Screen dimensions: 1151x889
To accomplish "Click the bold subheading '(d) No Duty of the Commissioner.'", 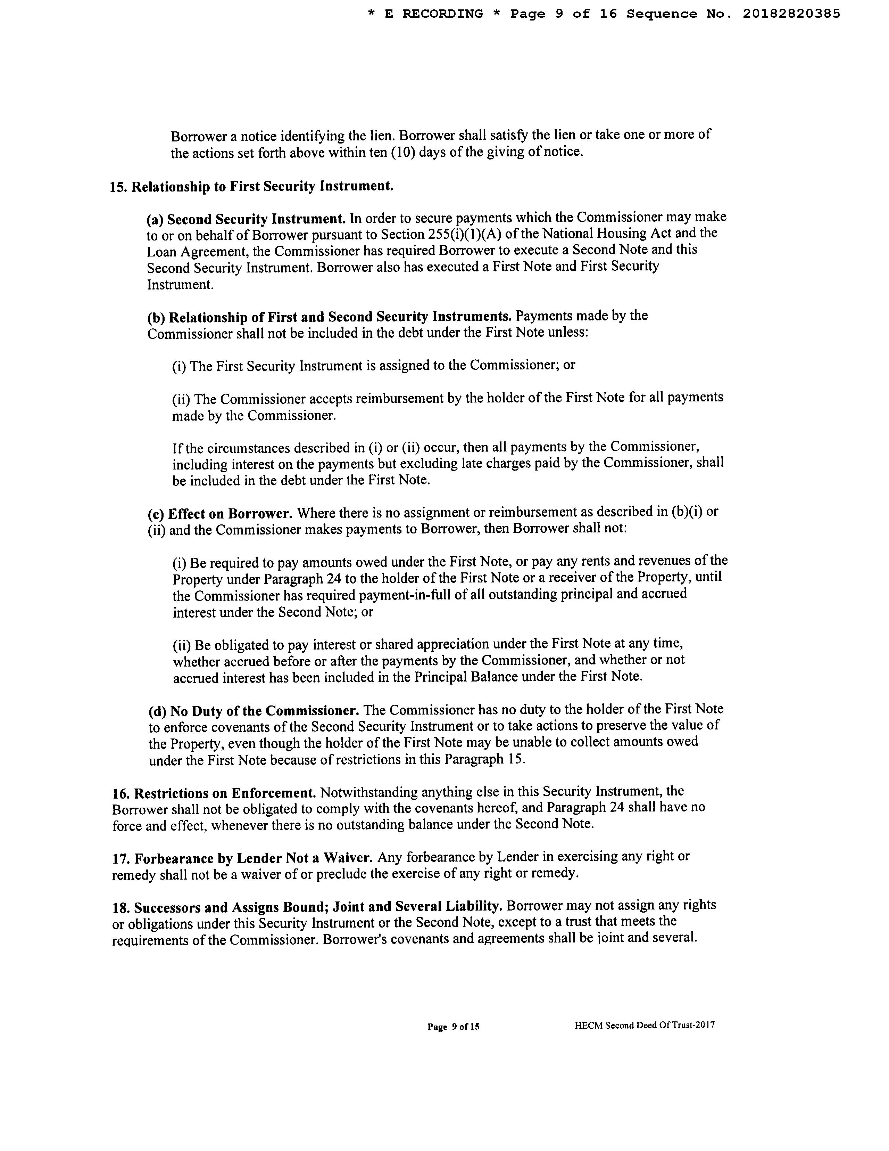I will coord(254,711).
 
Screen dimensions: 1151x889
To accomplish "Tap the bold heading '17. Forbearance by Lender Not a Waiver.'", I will coord(243,858).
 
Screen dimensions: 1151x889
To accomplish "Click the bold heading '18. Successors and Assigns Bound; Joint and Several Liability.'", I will coord(307,907).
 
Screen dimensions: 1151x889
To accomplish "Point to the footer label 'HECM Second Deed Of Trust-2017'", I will coord(645,1025).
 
